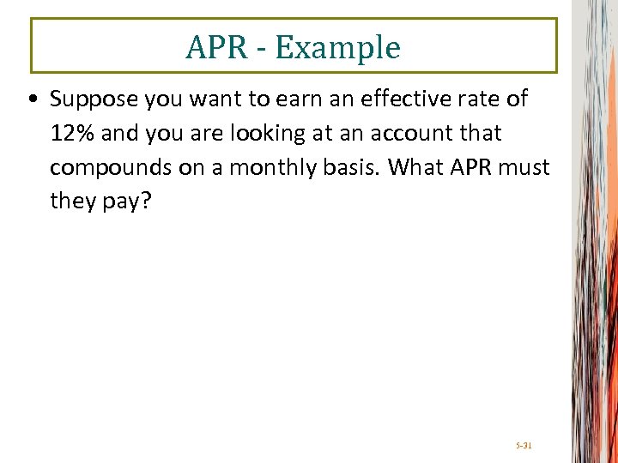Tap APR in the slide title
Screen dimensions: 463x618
(216, 48)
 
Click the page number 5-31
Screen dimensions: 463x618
(524, 446)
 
